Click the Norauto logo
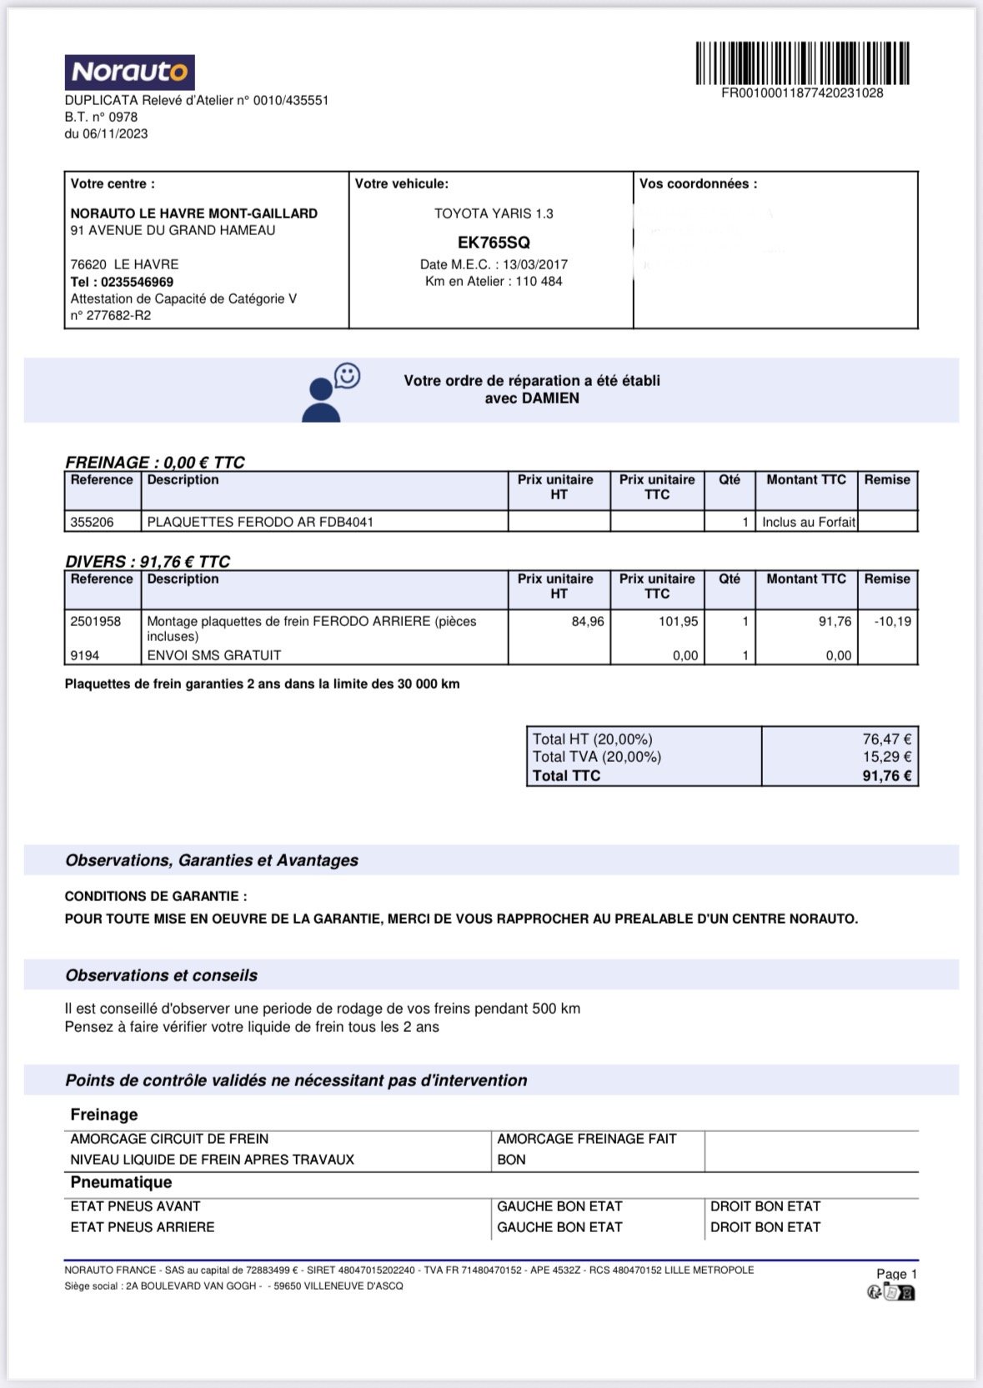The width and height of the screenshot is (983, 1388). point(129,73)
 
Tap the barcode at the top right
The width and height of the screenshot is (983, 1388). point(802,63)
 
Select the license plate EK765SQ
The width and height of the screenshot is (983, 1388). point(494,243)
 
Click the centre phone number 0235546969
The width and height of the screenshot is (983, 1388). point(137,282)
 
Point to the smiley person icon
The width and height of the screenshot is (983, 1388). point(329,392)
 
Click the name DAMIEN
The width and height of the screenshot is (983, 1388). point(550,398)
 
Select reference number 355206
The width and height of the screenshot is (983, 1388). point(92,522)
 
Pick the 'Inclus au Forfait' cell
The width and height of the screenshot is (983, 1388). point(808,522)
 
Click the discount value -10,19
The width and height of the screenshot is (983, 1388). point(892,622)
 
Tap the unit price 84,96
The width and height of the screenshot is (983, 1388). point(588,622)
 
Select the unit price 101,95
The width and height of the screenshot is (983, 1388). point(679,622)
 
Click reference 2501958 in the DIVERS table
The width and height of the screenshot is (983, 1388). point(96,622)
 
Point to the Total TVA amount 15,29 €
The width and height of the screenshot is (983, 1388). point(886,757)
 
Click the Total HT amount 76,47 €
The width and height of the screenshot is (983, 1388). point(886,739)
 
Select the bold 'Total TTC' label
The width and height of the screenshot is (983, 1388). point(566,775)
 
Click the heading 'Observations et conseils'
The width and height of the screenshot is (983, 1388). point(162,975)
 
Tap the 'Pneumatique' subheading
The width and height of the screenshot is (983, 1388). point(121,1182)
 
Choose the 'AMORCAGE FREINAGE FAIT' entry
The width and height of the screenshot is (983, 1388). point(586,1139)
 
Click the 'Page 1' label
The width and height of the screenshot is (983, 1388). point(896,1274)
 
